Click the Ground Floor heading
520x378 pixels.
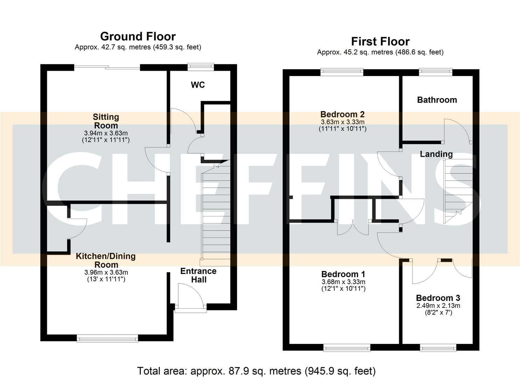tap(138, 36)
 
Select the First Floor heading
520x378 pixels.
tap(380, 42)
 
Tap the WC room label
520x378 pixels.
tap(197, 85)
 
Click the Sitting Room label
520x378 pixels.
tap(106, 121)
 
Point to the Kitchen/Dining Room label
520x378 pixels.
tap(106, 260)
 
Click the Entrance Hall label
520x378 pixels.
tap(198, 275)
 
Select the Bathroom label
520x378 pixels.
tap(437, 100)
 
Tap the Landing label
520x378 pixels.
tap(436, 154)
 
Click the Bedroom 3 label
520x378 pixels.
tap(438, 298)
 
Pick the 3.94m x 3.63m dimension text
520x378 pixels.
tap(106, 133)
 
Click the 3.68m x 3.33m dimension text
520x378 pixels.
tap(343, 282)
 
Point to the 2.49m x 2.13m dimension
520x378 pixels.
tap(438, 306)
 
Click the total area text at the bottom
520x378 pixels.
tap(256, 371)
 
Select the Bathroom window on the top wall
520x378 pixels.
tap(436, 72)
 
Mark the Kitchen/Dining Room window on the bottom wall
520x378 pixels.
tap(107, 338)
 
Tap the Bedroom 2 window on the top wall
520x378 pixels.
tap(342, 72)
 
